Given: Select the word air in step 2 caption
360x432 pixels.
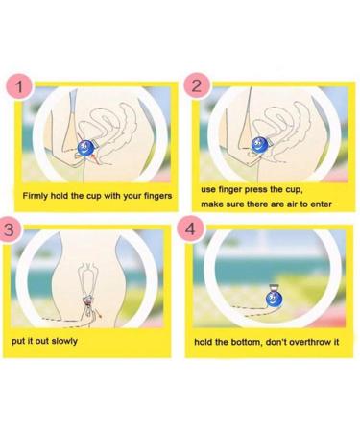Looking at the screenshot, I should (x=289, y=204).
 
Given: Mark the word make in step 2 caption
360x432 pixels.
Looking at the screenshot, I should (x=212, y=204).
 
